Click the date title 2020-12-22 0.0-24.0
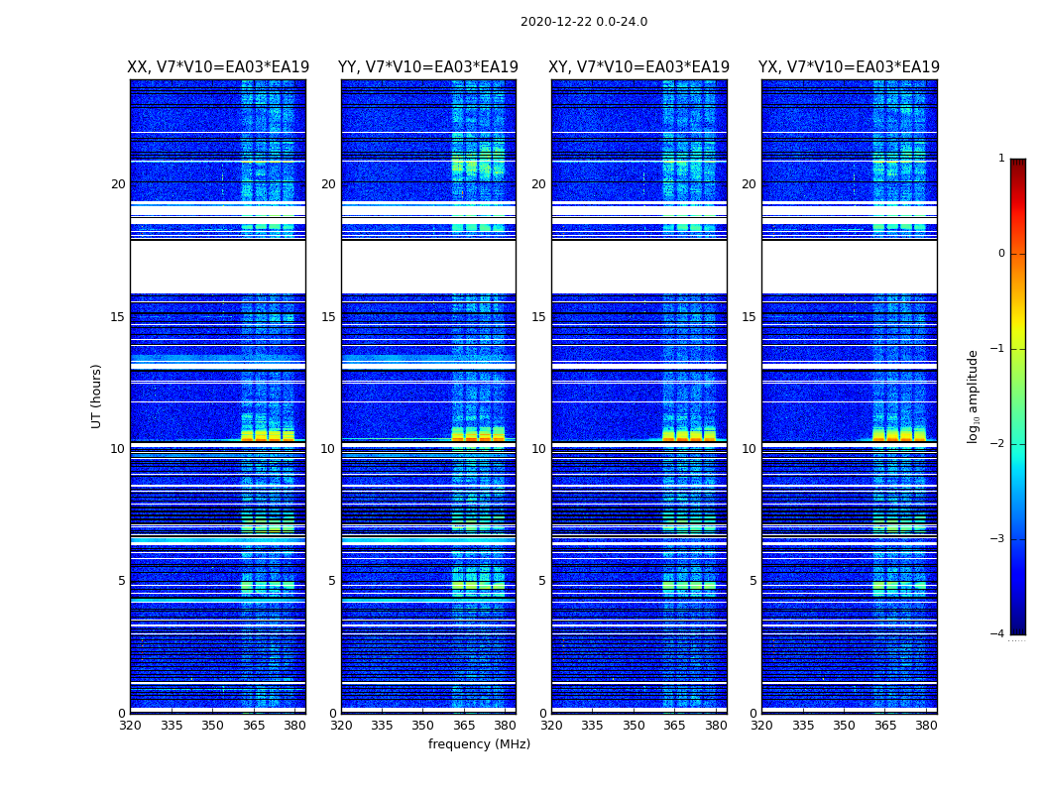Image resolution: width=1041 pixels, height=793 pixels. click(583, 22)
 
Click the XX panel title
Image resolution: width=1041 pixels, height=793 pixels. click(218, 67)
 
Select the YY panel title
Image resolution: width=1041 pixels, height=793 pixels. click(428, 67)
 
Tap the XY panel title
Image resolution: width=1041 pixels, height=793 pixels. click(639, 67)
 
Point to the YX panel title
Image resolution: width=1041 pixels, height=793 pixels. click(849, 67)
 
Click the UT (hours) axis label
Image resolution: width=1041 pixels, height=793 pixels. click(97, 396)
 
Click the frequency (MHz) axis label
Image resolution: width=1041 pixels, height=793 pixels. click(479, 744)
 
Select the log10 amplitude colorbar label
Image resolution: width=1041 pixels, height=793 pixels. click(973, 396)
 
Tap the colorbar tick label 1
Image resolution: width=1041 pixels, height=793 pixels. click(1000, 159)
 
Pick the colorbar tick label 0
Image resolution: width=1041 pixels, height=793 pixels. click(1000, 254)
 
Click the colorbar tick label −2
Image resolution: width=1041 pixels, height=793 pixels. click(998, 444)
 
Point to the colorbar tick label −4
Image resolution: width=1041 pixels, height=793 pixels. click(998, 634)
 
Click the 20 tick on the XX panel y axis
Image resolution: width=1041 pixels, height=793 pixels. click(118, 184)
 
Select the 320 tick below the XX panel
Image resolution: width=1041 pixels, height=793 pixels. click(130, 726)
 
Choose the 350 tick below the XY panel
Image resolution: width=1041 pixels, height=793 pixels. click(634, 726)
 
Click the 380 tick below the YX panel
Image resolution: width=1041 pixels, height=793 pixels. click(926, 726)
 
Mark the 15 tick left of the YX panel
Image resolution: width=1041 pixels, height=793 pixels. click(750, 317)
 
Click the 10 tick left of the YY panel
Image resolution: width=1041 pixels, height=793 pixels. click(328, 449)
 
